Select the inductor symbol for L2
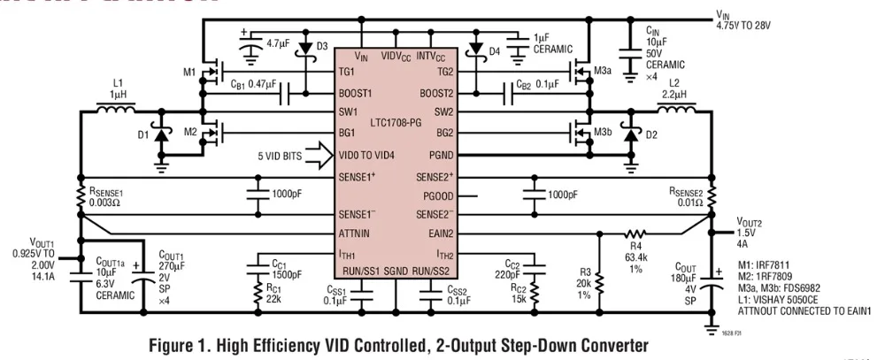pos(679,111)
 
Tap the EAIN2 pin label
pos(437,234)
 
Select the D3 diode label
pos(321,46)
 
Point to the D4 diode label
pos(495,50)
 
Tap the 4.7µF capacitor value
pos(279,42)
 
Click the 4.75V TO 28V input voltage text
pos(744,25)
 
